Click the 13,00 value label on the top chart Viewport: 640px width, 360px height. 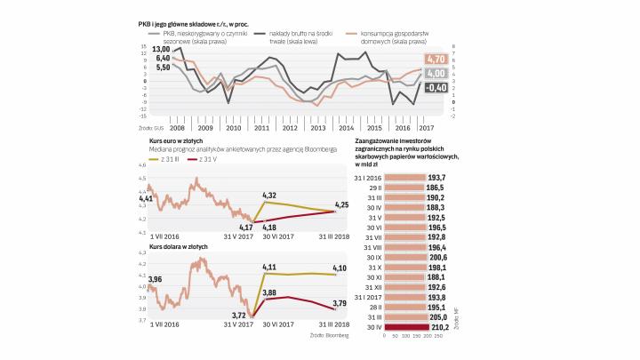coord(161,49)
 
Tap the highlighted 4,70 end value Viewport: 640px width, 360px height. coord(436,60)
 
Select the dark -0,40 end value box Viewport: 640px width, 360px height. coord(436,87)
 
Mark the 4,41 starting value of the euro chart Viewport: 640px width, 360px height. coord(146,198)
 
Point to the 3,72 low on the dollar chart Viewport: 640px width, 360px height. coord(237,315)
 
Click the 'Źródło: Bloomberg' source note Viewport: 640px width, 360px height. coord(330,335)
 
